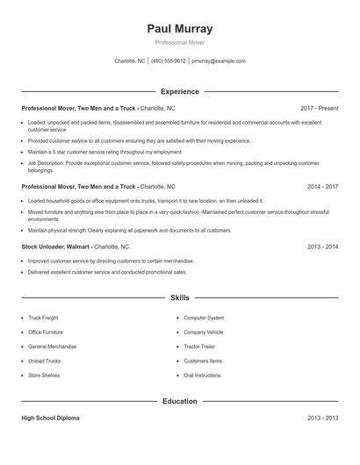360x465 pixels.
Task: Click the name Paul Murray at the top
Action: (180, 29)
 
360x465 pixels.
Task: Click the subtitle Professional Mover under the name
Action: (180, 43)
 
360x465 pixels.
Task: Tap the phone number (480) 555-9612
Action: (169, 61)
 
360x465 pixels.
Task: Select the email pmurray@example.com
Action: (218, 61)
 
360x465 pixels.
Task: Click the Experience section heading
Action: (180, 91)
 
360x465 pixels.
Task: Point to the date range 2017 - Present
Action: (319, 108)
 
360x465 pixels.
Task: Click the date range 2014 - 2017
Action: (322, 187)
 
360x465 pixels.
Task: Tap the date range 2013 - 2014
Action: (322, 247)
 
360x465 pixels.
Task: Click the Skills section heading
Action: (180, 298)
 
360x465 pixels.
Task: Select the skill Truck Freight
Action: (43, 318)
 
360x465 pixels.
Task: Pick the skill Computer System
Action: (204, 318)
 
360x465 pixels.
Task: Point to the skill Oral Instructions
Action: (202, 376)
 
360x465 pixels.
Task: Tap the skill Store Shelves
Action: (44, 376)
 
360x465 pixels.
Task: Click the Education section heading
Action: (180, 401)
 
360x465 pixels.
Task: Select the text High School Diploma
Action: (52, 418)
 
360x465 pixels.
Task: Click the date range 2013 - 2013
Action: (322, 418)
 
